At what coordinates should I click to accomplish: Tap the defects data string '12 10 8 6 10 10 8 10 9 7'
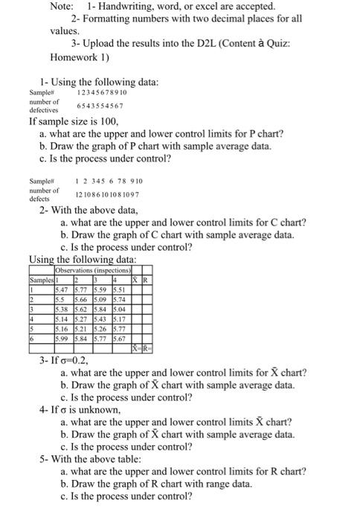click(109, 194)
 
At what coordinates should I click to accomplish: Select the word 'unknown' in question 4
click(99, 410)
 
